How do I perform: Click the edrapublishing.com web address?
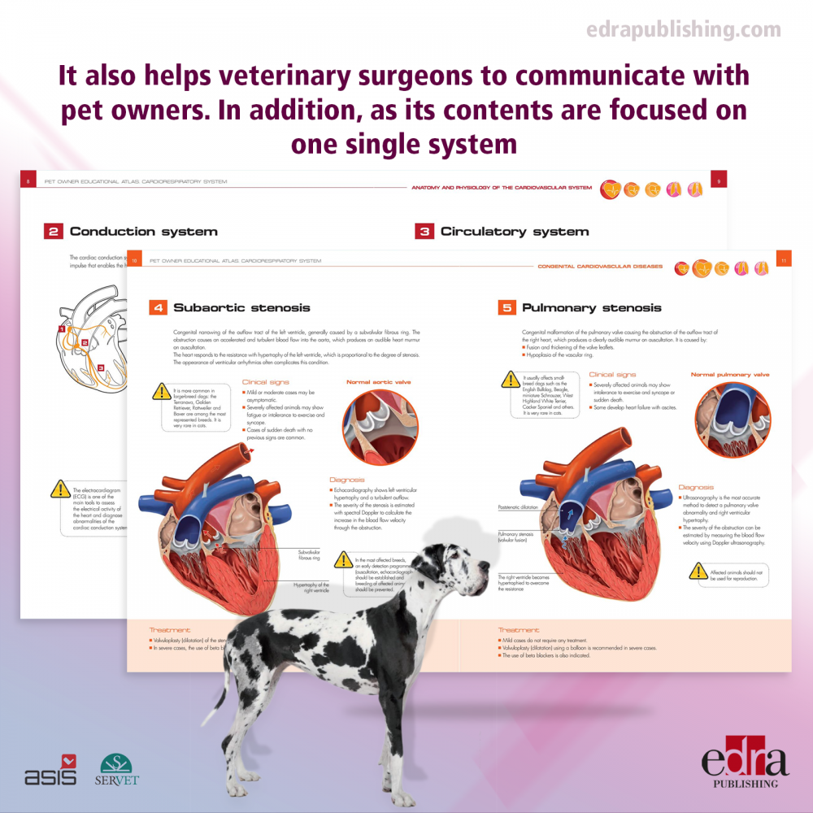[x=683, y=30]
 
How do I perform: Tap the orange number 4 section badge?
[x=158, y=308]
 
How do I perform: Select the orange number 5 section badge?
[x=506, y=308]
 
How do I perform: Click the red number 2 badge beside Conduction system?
[x=53, y=232]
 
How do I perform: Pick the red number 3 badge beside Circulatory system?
[x=424, y=232]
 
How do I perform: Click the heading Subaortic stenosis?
[x=241, y=308]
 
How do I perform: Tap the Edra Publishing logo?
[x=745, y=763]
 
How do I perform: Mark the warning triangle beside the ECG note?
[x=60, y=489]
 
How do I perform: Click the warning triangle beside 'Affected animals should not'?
[x=698, y=571]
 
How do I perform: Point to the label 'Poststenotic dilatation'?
[x=518, y=507]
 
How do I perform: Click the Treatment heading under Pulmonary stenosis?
[x=518, y=630]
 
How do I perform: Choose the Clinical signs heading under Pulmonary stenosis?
[x=612, y=375]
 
